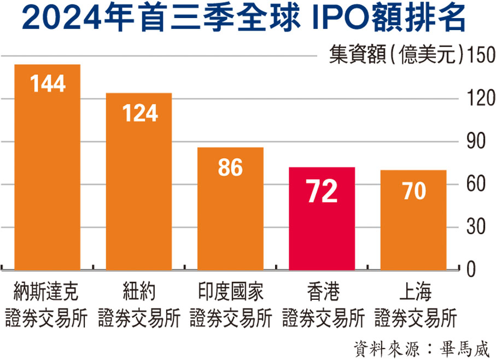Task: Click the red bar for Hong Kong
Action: (x=322, y=219)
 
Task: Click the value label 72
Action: (x=322, y=193)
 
